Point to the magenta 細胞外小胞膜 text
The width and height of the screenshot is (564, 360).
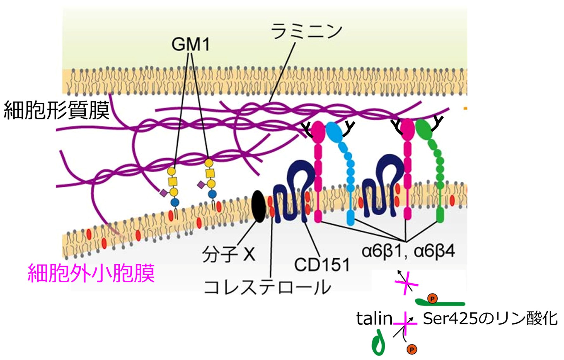tap(91, 273)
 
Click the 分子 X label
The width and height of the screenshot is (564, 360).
tap(229, 254)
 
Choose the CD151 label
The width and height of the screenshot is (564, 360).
tap(322, 265)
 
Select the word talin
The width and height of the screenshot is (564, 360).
tap(374, 318)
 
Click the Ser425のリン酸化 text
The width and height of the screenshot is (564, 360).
tap(490, 319)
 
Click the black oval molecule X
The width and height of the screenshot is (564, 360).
tap(258, 206)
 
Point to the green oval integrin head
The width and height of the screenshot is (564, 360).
tap(423, 129)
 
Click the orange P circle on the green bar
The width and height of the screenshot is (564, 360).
tap(432, 299)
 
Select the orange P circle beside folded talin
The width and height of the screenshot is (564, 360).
tap(412, 349)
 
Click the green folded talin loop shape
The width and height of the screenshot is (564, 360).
tap(378, 342)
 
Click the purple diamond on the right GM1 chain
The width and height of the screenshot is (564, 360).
tap(201, 185)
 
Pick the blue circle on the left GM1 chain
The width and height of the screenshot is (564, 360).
tap(174, 202)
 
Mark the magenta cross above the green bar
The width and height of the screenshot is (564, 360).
tap(406, 283)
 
